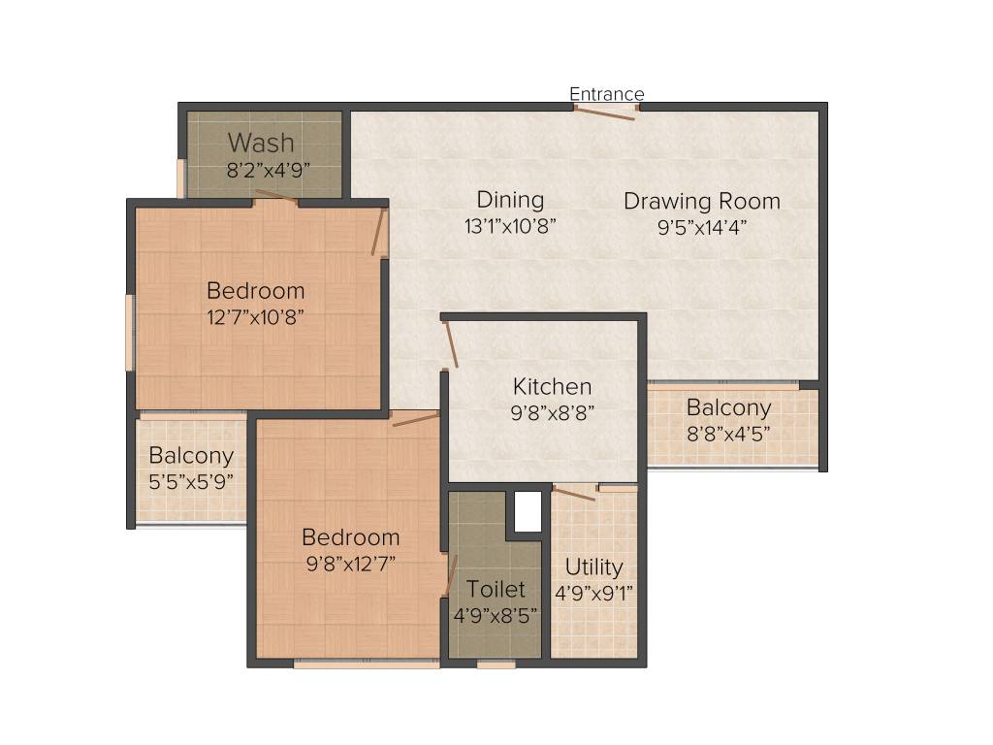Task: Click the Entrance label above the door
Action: point(606,94)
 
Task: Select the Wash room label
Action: point(261,143)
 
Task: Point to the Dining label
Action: point(510,200)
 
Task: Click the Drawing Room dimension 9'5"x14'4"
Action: point(701,227)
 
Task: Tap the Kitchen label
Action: point(552,386)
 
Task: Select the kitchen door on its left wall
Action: point(450,345)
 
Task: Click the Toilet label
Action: point(496,589)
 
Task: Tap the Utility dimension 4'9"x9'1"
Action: point(594,592)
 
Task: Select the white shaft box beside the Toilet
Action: point(527,511)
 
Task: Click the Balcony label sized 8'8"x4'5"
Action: point(728,407)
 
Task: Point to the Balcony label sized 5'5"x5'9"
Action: point(191,456)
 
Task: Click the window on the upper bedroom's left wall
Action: point(129,333)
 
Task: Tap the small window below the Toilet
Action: point(496,664)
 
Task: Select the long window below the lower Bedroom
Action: point(367,664)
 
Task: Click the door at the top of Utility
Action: point(575,493)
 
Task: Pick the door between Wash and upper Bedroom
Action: point(276,199)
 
